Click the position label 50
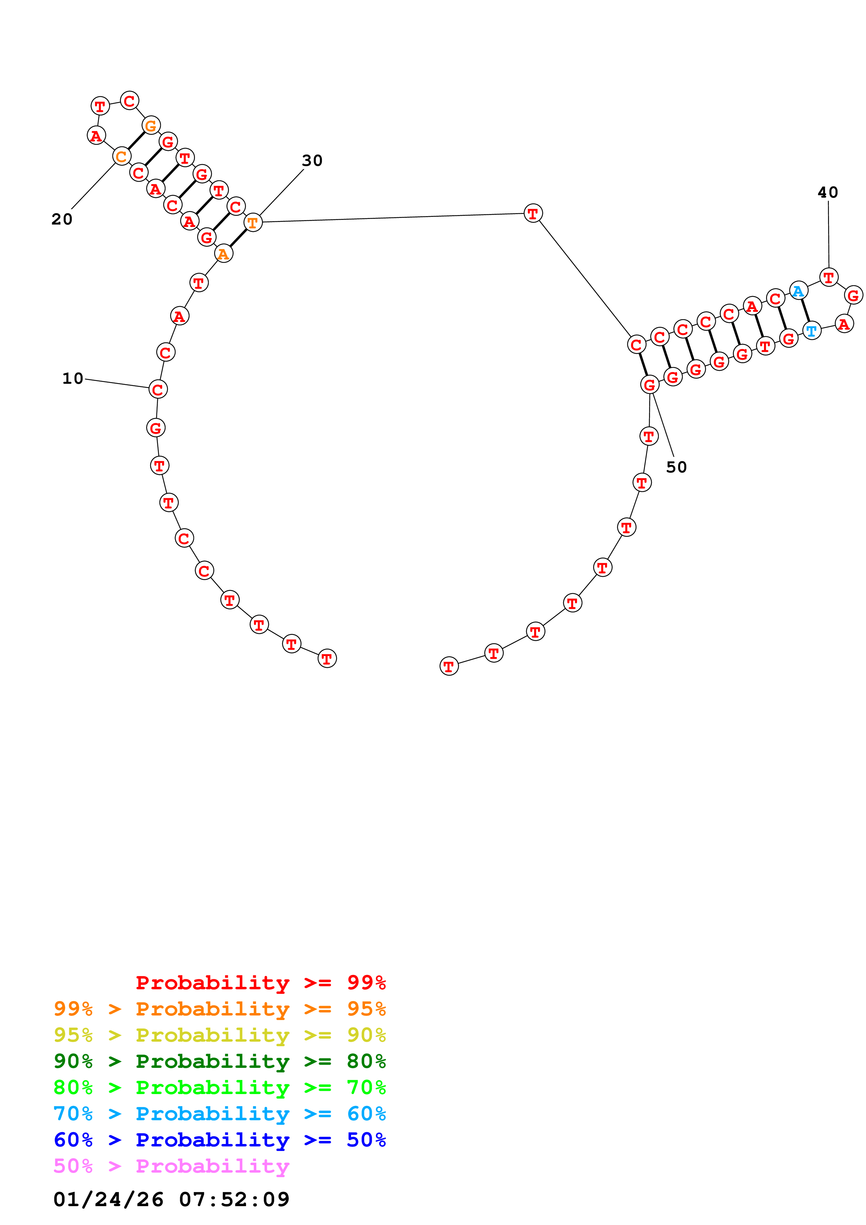coord(676,467)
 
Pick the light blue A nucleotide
coord(798,291)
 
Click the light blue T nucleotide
coord(811,331)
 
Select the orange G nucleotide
coord(151,126)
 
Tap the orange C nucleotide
coord(122,156)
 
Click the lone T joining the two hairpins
coord(532,213)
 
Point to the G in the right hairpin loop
coord(853,295)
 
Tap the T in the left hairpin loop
coord(100,106)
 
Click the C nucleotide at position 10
coord(158,389)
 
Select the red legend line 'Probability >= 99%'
coord(260,982)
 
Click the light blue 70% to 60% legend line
coord(219,1114)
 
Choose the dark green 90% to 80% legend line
coord(219,1061)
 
